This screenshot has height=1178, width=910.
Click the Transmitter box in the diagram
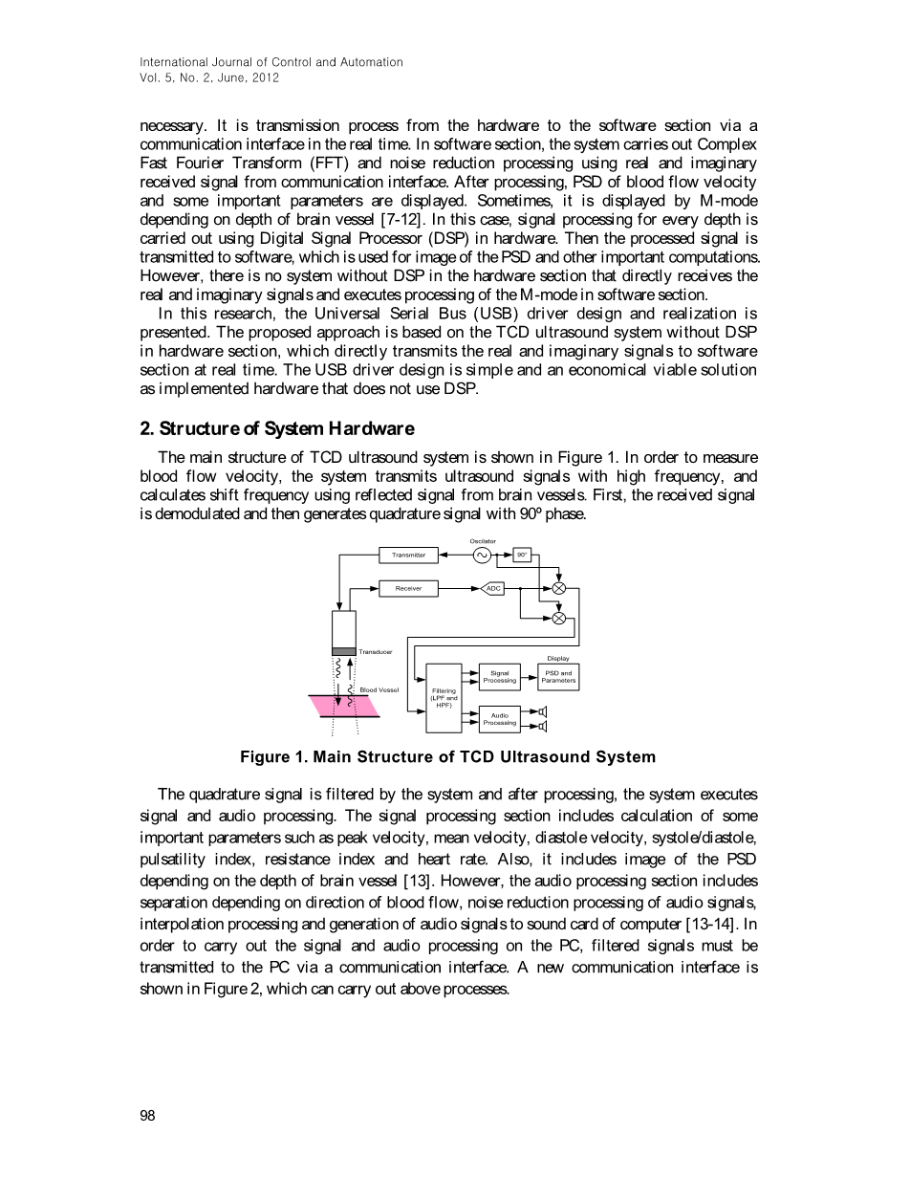[x=409, y=555]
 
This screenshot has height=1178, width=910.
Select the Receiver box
[x=409, y=588]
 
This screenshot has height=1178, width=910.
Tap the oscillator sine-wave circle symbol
[x=482, y=555]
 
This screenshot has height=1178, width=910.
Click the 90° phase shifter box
[x=522, y=555]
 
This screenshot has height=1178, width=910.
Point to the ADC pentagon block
[x=492, y=588]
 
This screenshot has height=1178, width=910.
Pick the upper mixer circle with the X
[x=559, y=588]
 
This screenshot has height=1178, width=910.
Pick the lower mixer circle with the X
[x=559, y=618]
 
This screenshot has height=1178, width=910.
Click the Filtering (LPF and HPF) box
[x=444, y=698]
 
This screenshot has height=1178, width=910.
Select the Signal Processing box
[x=499, y=677]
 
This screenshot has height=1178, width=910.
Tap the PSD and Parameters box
[x=558, y=677]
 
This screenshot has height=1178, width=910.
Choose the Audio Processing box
[x=499, y=719]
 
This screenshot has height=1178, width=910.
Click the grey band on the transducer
[x=343, y=651]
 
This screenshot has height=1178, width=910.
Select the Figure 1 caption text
[x=447, y=757]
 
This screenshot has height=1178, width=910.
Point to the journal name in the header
[x=271, y=62]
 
